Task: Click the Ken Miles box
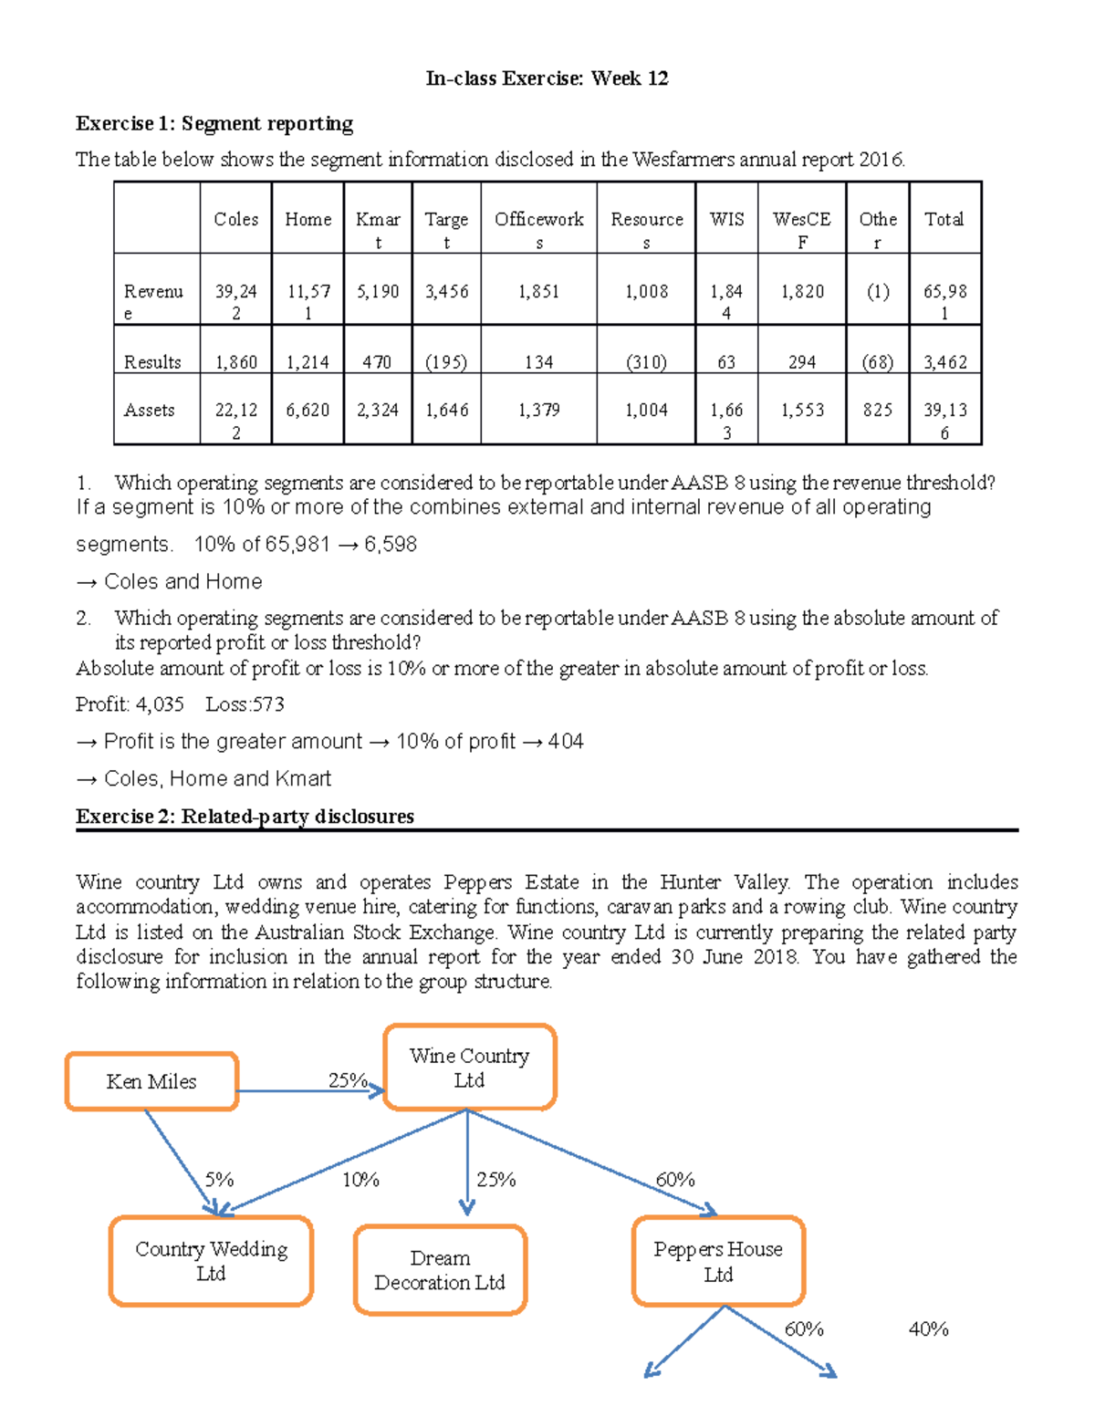[151, 1081]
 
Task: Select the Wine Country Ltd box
[469, 1068]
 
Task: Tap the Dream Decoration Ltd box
[440, 1270]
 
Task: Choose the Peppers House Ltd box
[718, 1261]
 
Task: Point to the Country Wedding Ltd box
[211, 1261]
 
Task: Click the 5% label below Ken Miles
[219, 1180]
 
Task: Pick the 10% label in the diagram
[360, 1180]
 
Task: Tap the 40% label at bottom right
[928, 1329]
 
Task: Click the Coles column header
[235, 219]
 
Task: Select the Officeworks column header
[538, 219]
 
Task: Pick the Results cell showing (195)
[446, 362]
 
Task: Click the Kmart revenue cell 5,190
[378, 291]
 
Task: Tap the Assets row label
[150, 410]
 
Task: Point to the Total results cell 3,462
[944, 362]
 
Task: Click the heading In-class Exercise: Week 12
[547, 78]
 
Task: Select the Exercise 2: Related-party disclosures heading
[245, 816]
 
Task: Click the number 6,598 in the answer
[391, 544]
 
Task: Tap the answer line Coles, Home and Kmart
[217, 778]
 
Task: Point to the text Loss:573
[245, 704]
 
